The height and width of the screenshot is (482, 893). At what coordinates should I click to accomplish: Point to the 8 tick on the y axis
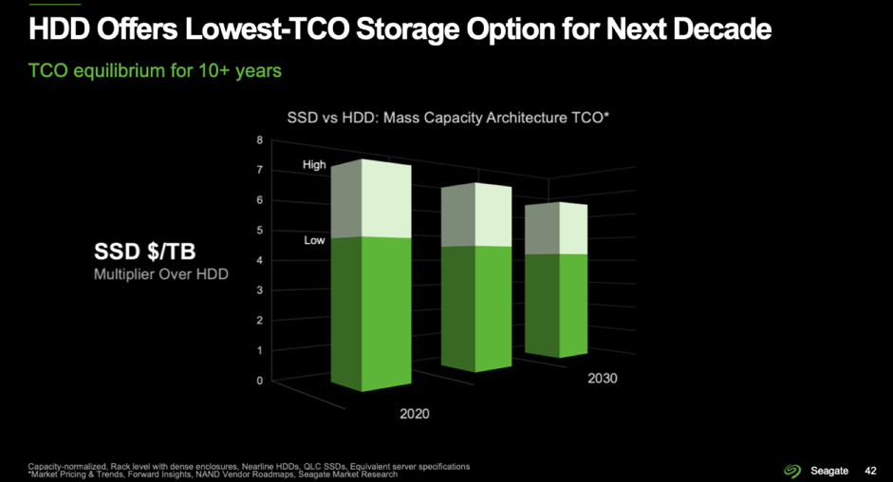coord(260,140)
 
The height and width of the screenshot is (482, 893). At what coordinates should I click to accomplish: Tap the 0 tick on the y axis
coord(260,380)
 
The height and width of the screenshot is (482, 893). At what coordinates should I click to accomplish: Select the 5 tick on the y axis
coord(260,231)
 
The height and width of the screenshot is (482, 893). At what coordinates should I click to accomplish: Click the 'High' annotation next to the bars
coord(314,165)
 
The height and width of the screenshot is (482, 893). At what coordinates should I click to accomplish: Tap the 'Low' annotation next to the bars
coord(314,241)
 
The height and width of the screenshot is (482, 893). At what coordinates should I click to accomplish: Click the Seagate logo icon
coord(792,470)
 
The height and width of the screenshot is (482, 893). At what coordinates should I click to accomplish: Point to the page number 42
coord(870,470)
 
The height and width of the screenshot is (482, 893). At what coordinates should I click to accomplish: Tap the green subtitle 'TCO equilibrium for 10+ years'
coord(157,70)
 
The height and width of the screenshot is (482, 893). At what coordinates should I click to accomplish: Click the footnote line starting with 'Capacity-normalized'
coord(249,466)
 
